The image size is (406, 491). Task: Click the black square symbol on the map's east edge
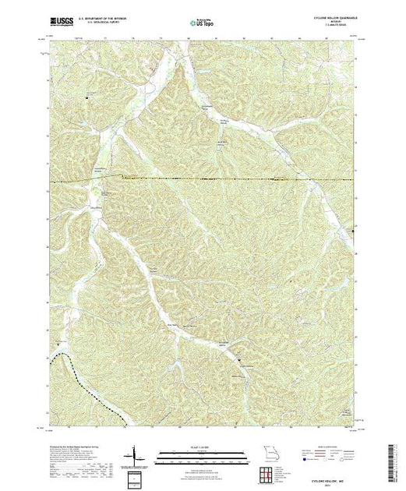(x=352, y=231)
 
